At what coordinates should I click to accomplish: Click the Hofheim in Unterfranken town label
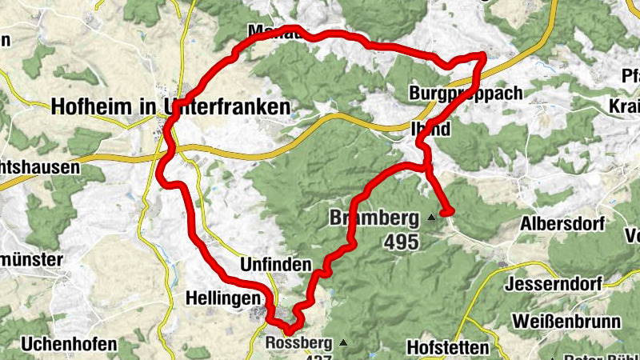(170, 106)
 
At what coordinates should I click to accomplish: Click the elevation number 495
(402, 242)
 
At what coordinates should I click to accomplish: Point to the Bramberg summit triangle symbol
(432, 217)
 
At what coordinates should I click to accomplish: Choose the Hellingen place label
(223, 297)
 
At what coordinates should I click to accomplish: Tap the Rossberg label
(298, 344)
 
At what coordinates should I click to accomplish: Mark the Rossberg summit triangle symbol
(343, 343)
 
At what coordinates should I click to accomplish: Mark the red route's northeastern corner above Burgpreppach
(482, 55)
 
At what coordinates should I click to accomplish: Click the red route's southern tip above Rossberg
(290, 329)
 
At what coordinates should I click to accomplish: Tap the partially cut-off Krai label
(625, 106)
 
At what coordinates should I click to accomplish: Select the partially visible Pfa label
(630, 77)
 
